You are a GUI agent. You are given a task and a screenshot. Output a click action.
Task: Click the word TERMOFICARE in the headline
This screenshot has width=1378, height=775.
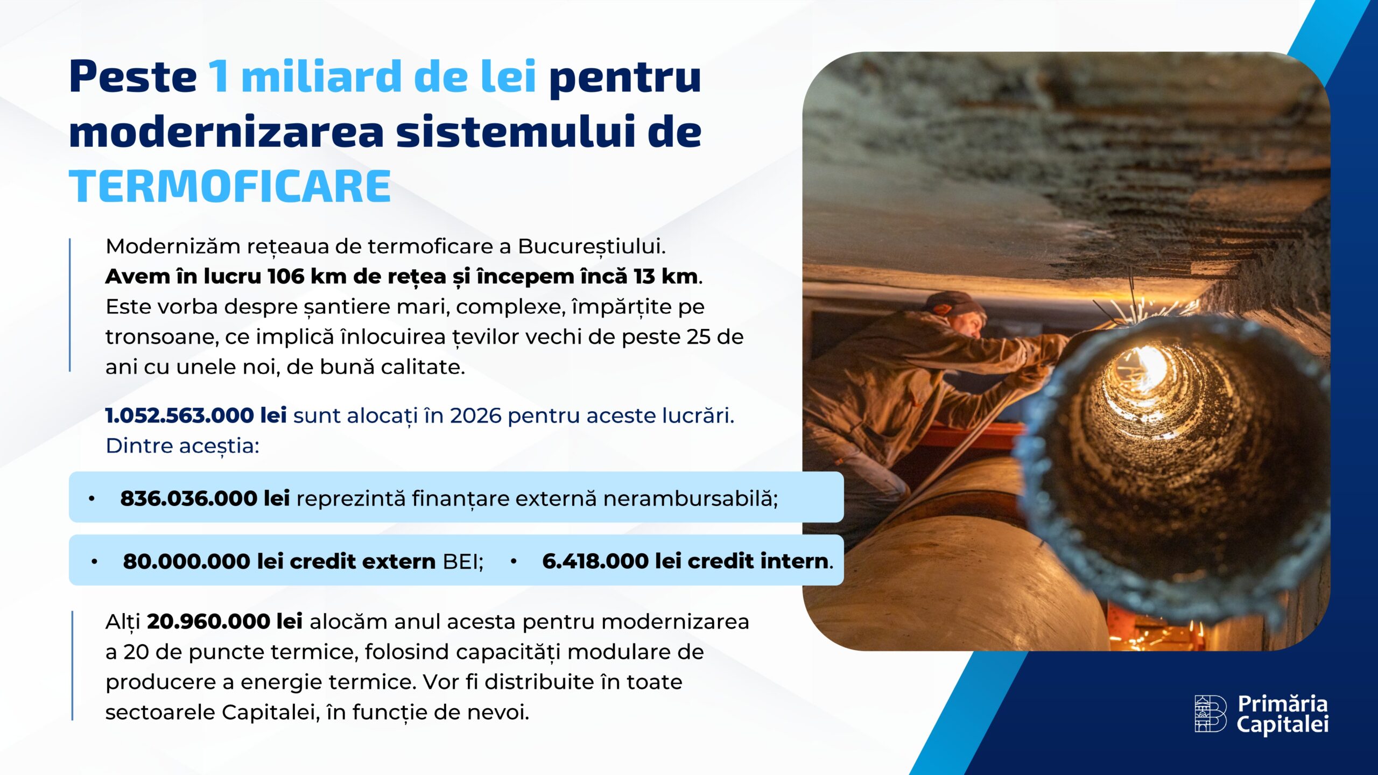click(x=230, y=186)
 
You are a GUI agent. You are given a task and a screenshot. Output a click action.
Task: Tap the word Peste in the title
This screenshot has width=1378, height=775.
click(x=133, y=76)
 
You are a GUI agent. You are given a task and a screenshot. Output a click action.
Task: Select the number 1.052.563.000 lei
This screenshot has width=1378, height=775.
click(x=196, y=415)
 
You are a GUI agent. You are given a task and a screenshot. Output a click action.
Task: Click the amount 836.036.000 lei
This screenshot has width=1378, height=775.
click(x=205, y=498)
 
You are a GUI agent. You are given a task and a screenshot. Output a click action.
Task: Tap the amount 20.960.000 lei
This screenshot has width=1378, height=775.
click(x=224, y=622)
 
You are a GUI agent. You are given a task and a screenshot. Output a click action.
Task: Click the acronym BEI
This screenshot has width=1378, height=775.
click(x=461, y=561)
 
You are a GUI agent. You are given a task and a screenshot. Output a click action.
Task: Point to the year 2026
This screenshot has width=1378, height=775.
click(x=475, y=415)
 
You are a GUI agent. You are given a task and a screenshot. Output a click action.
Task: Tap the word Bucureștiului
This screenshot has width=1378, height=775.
click(x=591, y=246)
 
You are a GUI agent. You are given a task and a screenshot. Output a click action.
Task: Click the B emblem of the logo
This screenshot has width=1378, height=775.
click(x=1210, y=713)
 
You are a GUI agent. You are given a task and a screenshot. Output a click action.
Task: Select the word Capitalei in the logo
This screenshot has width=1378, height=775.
click(x=1282, y=724)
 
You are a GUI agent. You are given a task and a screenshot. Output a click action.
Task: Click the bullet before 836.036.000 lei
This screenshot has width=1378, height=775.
click(x=92, y=499)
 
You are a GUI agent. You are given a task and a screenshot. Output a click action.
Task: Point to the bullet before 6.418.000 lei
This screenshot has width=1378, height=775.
click(x=514, y=561)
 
